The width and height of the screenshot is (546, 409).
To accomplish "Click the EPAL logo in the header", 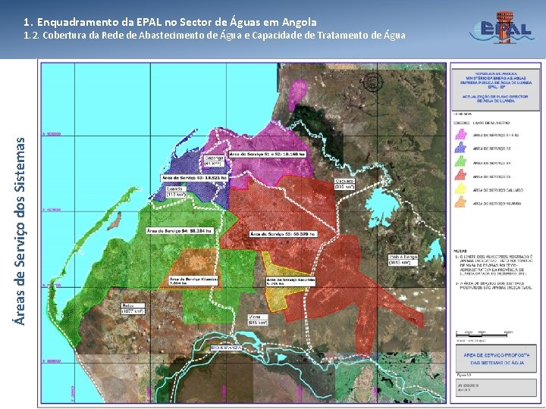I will pos(501,28).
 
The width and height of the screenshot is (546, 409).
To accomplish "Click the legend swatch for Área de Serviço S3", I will pos(460,148).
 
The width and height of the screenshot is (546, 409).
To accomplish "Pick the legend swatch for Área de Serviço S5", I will pos(460,176).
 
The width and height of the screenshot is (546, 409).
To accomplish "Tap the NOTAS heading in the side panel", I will pos(460,249).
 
